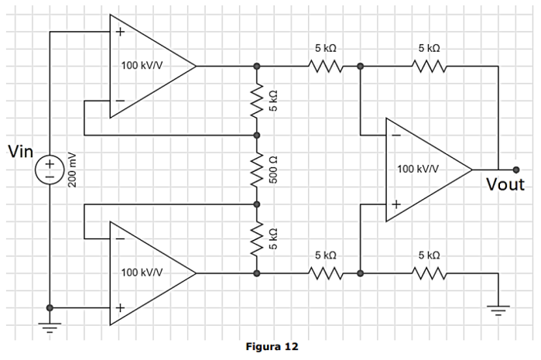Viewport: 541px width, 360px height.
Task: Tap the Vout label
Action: tap(505, 185)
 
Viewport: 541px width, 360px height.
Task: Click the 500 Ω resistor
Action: tap(257, 170)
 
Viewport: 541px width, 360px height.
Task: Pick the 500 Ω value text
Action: tap(273, 170)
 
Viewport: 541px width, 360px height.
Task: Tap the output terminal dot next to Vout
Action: tap(516, 170)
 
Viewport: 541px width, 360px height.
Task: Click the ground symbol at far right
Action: tap(498, 310)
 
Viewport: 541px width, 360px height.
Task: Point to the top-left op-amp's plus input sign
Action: tap(119, 33)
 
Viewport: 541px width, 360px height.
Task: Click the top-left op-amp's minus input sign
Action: tap(119, 101)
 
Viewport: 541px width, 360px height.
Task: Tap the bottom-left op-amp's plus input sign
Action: tap(119, 307)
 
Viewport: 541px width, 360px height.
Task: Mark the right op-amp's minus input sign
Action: tap(395, 135)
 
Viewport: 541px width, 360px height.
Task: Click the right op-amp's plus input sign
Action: tap(395, 204)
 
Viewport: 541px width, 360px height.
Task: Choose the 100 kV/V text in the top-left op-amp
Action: tap(142, 65)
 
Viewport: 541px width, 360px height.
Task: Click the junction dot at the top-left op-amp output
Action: tap(257, 67)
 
